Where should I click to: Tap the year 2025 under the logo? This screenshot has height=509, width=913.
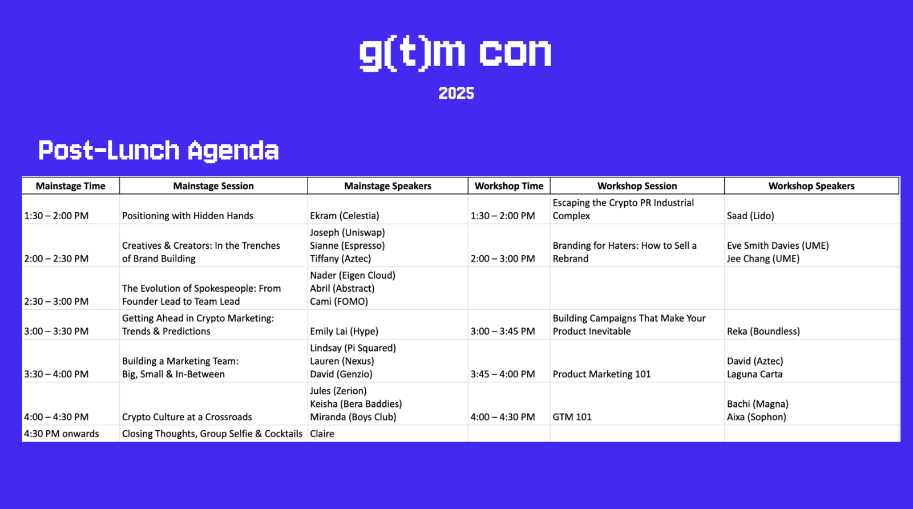click(x=456, y=94)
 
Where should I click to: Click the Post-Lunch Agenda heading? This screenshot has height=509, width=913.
click(x=159, y=151)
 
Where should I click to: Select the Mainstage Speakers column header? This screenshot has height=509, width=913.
click(x=387, y=186)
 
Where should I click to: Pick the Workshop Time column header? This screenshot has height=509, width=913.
click(x=509, y=186)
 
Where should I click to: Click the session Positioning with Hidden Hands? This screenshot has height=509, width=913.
click(x=188, y=216)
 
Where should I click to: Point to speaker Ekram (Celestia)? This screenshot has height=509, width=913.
click(x=345, y=216)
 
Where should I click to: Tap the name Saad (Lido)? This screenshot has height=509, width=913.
click(x=750, y=216)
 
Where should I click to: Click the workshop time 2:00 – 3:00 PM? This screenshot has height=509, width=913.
click(x=503, y=258)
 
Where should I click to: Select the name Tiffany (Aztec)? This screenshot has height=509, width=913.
click(x=340, y=258)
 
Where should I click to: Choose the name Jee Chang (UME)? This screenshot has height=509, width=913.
click(x=763, y=258)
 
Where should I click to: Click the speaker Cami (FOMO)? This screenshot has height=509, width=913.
click(x=339, y=301)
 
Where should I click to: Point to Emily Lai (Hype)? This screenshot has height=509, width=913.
click(x=344, y=331)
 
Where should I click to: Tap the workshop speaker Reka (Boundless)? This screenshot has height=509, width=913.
click(x=763, y=331)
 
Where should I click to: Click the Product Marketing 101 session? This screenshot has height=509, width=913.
click(x=601, y=374)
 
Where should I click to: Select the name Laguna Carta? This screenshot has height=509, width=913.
click(x=754, y=374)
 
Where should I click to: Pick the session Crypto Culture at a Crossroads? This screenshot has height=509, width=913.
click(x=187, y=417)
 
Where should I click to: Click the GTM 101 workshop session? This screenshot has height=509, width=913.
click(x=572, y=417)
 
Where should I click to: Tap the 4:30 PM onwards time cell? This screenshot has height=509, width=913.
click(x=61, y=434)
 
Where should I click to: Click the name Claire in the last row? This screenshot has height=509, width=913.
click(x=322, y=434)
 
